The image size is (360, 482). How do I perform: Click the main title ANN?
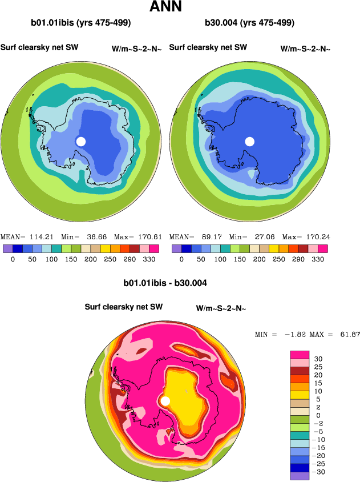click(x=165, y=7)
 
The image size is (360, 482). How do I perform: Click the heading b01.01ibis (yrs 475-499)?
click(x=81, y=23)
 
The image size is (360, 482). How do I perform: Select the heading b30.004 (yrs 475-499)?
click(x=249, y=23)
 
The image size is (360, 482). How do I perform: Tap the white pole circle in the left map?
click(x=81, y=141)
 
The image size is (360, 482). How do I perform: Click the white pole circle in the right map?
click(x=249, y=141)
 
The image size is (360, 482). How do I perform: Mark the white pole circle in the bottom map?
click(x=165, y=401)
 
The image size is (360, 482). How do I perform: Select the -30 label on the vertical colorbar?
click(x=319, y=471)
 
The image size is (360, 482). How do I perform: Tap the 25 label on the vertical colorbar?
click(x=317, y=367)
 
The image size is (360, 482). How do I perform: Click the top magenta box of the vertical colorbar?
click(x=300, y=354)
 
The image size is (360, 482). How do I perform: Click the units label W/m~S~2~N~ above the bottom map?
click(x=221, y=308)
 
